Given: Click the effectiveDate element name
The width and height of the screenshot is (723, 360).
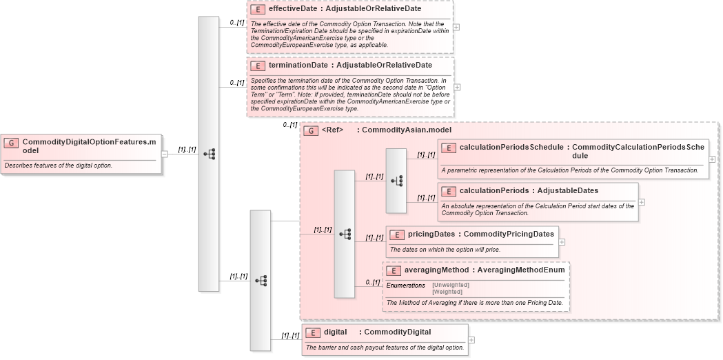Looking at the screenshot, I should point(297,9).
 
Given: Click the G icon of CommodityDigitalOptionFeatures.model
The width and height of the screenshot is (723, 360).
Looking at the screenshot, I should point(11,143).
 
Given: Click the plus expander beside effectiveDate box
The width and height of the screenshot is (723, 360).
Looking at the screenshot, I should point(456,28).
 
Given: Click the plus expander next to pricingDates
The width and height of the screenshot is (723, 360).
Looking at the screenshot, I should point(562,242).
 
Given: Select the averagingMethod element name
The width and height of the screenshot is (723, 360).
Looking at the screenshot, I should point(436,270).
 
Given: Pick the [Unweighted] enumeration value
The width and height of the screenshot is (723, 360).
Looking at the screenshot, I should point(451,285).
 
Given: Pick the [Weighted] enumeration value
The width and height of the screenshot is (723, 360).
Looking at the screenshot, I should point(447,292).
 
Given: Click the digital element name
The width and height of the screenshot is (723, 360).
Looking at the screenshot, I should point(335,332).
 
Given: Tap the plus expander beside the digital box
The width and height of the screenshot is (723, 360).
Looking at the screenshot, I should point(471,339).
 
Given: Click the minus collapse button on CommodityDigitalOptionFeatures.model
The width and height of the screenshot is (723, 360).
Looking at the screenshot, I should point(165,154).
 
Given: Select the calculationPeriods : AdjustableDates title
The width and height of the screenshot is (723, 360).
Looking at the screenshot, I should point(520,190).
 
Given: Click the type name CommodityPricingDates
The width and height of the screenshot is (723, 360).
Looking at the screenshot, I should point(509,234).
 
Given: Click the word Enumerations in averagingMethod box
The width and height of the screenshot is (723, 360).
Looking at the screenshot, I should point(405,285).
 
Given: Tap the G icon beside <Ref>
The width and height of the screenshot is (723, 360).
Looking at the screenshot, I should point(311,130).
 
